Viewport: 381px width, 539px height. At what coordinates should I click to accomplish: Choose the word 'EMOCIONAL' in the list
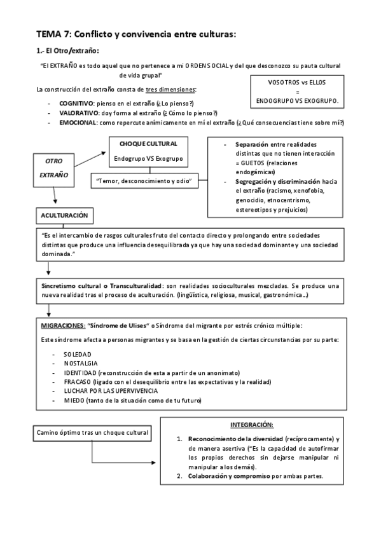click(78, 122)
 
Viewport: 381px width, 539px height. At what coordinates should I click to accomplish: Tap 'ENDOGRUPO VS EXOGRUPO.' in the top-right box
click(297, 101)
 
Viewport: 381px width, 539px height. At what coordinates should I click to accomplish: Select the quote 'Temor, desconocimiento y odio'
click(147, 181)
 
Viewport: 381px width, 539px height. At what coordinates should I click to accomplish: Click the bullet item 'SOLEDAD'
click(77, 353)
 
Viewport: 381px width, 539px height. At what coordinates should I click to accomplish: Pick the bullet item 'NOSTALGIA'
click(80, 363)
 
